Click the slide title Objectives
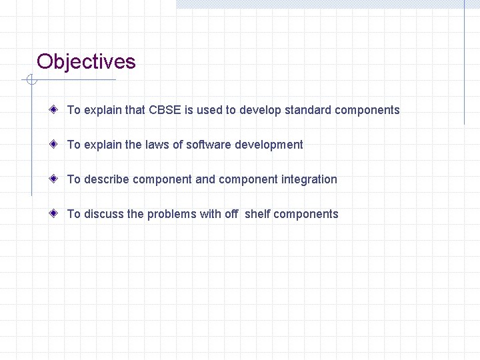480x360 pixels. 86,62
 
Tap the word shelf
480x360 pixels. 257,214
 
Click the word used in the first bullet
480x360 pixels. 210,110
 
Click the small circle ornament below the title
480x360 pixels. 30,81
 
